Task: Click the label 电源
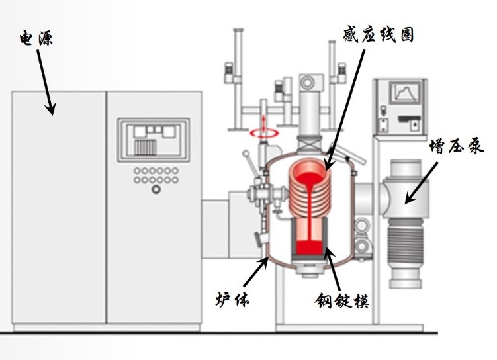click(36, 38)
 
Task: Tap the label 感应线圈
click(378, 34)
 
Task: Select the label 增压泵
click(457, 146)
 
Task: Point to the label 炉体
click(232, 299)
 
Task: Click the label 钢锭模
click(342, 300)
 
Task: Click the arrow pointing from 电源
click(45, 82)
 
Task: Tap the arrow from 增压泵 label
click(422, 183)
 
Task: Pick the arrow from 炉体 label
click(256, 271)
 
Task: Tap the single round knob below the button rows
click(156, 189)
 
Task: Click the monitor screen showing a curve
click(405, 92)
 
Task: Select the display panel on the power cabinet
click(154, 140)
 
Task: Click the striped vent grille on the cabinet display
click(146, 147)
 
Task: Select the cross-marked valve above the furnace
click(310, 144)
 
